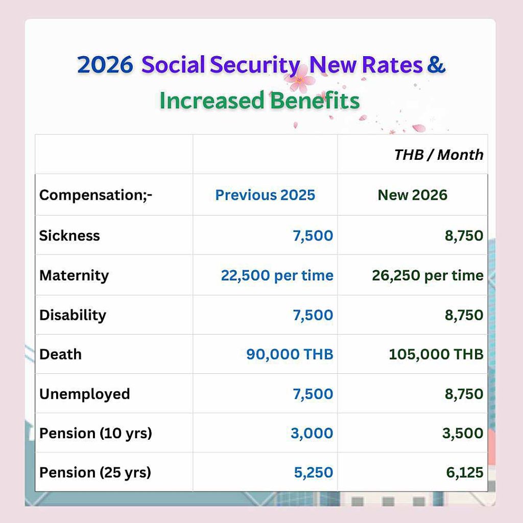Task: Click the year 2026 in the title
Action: (105, 64)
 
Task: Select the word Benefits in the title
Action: (315, 100)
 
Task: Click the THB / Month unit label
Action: (439, 155)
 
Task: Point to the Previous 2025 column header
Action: (265, 195)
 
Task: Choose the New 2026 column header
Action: (412, 195)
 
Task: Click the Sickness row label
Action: (69, 236)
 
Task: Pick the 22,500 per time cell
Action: (277, 275)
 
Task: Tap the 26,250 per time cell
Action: (427, 275)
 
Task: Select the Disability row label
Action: (73, 315)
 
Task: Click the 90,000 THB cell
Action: (290, 354)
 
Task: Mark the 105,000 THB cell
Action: (436, 354)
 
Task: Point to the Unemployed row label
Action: (85, 394)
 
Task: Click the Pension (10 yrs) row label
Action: (96, 434)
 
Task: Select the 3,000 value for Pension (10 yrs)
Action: (312, 433)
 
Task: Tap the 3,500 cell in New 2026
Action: (463, 433)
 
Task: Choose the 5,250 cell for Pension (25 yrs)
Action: (314, 472)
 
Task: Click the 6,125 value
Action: (465, 472)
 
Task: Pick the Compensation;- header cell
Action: (96, 195)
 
